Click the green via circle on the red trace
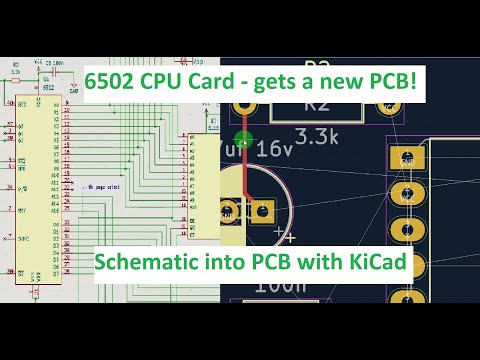242,139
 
